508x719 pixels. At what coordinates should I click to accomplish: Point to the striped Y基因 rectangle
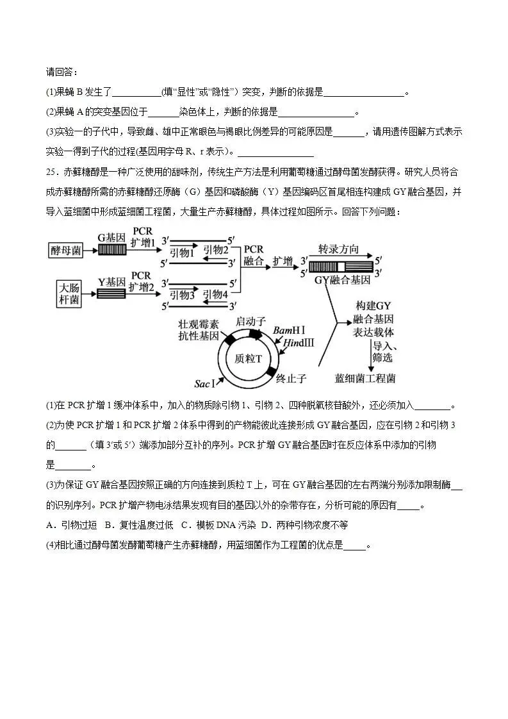click(111, 293)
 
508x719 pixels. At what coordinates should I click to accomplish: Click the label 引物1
click(182, 254)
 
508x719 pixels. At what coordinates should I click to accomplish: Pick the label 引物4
click(215, 295)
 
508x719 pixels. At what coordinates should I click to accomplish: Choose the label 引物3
click(182, 295)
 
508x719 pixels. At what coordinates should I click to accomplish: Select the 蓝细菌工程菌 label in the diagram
click(365, 378)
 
